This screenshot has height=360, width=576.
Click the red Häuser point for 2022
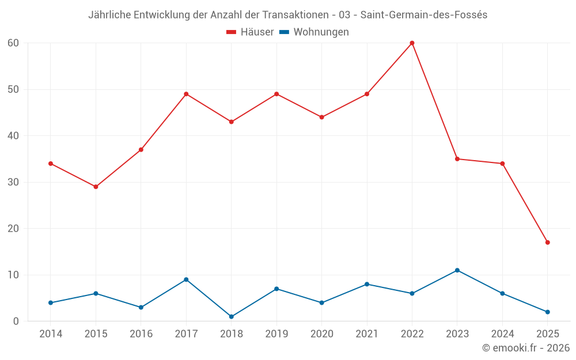412,43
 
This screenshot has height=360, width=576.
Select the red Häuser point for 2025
547,242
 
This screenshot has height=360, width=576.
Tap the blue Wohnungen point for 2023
457,270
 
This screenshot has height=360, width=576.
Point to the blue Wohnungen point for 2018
232,317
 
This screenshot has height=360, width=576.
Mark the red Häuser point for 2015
96,187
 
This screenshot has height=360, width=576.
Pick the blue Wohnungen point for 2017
186,279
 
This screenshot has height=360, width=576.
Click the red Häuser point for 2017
186,94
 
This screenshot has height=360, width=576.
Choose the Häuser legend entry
250,32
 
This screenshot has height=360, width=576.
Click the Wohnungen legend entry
314,32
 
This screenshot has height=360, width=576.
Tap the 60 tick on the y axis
13,43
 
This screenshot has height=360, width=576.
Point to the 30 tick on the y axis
13,182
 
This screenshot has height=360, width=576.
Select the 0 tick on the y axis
16,321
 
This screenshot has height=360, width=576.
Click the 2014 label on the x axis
51,334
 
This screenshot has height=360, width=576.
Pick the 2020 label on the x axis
321,334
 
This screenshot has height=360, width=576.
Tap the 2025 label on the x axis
547,334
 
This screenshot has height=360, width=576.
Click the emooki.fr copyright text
525,348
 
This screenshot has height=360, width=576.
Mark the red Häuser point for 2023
457,159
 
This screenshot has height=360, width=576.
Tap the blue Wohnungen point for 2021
367,284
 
